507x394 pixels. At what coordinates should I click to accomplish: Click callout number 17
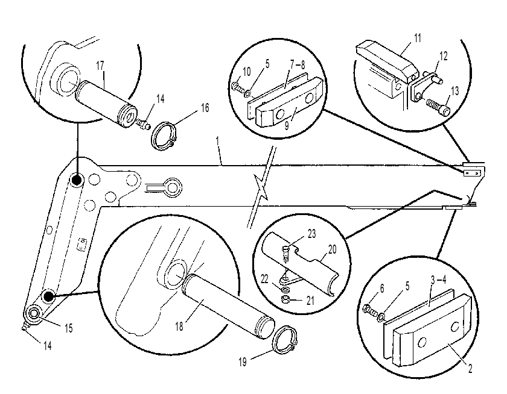(100, 66)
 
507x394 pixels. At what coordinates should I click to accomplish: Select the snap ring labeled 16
(164, 136)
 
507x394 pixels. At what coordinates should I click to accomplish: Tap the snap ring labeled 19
(284, 340)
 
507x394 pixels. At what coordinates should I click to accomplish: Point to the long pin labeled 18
(229, 305)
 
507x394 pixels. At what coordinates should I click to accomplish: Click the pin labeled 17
(106, 104)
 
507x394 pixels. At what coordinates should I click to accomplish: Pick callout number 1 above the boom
(218, 141)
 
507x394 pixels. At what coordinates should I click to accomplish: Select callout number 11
(418, 38)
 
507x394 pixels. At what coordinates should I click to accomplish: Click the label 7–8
(298, 65)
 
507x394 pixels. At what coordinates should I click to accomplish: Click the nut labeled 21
(285, 300)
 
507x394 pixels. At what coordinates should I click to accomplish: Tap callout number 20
(332, 249)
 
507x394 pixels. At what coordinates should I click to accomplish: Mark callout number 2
(470, 369)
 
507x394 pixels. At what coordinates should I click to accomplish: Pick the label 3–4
(438, 280)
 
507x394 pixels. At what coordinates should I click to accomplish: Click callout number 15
(69, 328)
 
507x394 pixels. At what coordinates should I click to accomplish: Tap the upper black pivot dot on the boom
(77, 180)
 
